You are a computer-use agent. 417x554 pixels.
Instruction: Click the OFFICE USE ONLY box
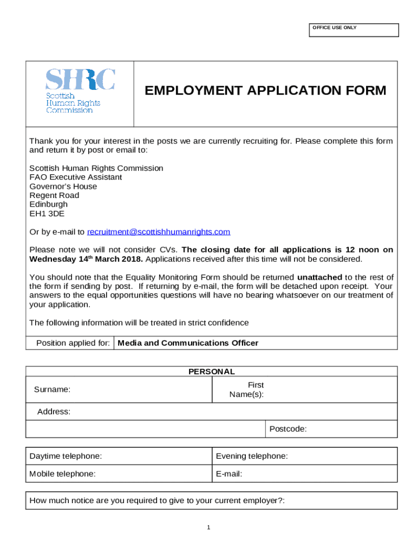[x=354, y=30]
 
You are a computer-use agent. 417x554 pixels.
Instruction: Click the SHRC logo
[x=80, y=91]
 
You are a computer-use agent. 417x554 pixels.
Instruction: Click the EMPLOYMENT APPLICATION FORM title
[x=265, y=91]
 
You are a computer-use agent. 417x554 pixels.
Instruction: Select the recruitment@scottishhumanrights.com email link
[x=159, y=232]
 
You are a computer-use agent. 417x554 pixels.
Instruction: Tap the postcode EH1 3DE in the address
[x=47, y=214]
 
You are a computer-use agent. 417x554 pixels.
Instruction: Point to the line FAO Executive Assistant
[x=75, y=177]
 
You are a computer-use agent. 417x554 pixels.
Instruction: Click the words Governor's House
[x=63, y=186]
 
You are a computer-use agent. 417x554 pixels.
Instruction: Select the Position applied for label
[x=73, y=343]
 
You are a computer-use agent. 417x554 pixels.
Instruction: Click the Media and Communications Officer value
[x=188, y=343]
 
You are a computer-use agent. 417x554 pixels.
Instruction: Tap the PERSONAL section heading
[x=211, y=372]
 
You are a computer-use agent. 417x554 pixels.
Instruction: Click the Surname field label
[x=52, y=390]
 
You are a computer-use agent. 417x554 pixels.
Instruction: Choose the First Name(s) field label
[x=247, y=390]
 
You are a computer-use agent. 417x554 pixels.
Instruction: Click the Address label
[x=54, y=412]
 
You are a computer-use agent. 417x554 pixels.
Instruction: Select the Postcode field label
[x=288, y=429]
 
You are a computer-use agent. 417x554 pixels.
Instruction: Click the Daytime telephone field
[x=119, y=456]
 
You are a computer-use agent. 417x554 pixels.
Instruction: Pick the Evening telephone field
[x=305, y=456]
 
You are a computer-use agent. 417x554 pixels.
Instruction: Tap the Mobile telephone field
[x=119, y=474]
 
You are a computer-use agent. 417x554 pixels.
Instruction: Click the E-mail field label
[x=229, y=474]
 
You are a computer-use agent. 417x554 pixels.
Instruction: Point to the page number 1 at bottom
[x=208, y=527]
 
